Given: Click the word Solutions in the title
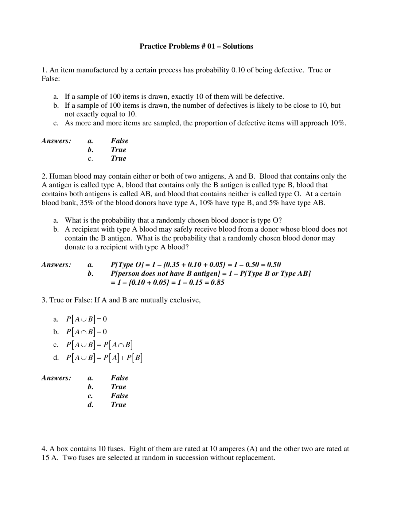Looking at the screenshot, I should [238, 46].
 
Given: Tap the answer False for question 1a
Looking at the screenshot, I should [119, 141].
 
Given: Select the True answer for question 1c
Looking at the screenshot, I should [119, 159].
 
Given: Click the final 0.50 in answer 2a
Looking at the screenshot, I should [273, 265].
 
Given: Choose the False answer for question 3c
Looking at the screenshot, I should [119, 396].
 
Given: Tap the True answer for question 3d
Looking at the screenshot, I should [119, 405].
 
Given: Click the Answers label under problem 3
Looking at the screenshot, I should [56, 378].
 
